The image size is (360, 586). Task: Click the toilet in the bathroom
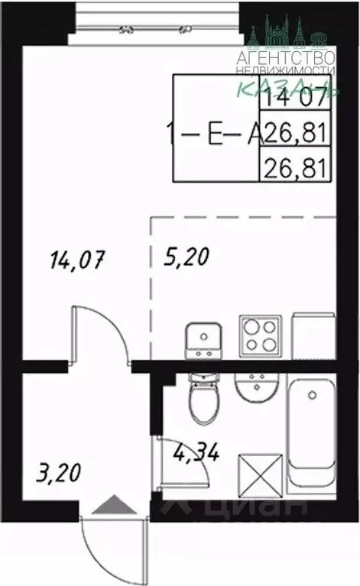pyautogui.click(x=204, y=400)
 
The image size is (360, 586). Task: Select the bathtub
pyautogui.click(x=312, y=436)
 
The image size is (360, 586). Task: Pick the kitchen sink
pyautogui.click(x=203, y=340)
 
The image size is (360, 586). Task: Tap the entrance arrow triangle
pyautogui.click(x=110, y=504)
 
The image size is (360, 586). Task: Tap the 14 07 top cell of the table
pyautogui.click(x=294, y=97)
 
